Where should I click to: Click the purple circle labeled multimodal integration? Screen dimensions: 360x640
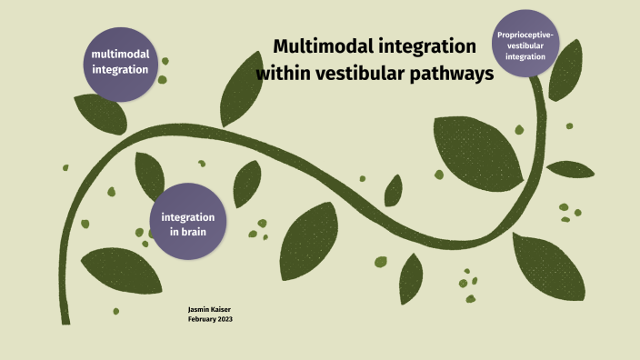[120, 62]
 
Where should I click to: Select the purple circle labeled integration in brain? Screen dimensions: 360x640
[187, 223]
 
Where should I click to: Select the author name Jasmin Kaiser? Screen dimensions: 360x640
[211, 310]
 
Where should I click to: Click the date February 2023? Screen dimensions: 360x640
[211, 319]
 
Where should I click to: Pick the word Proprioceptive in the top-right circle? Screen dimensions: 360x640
[525, 35]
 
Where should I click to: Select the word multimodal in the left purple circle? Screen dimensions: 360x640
[120, 55]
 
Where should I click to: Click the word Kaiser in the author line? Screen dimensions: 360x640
[223, 310]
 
